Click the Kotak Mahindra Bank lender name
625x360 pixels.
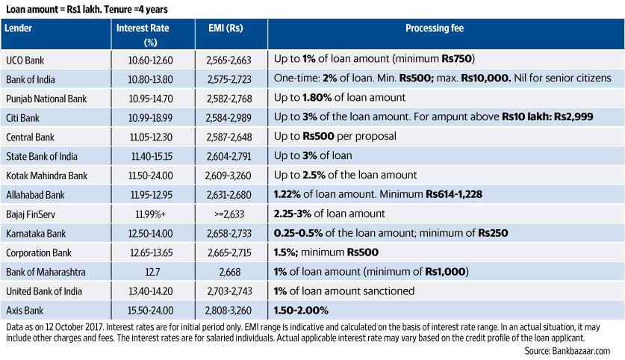46,175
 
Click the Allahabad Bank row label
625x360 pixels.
34,194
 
